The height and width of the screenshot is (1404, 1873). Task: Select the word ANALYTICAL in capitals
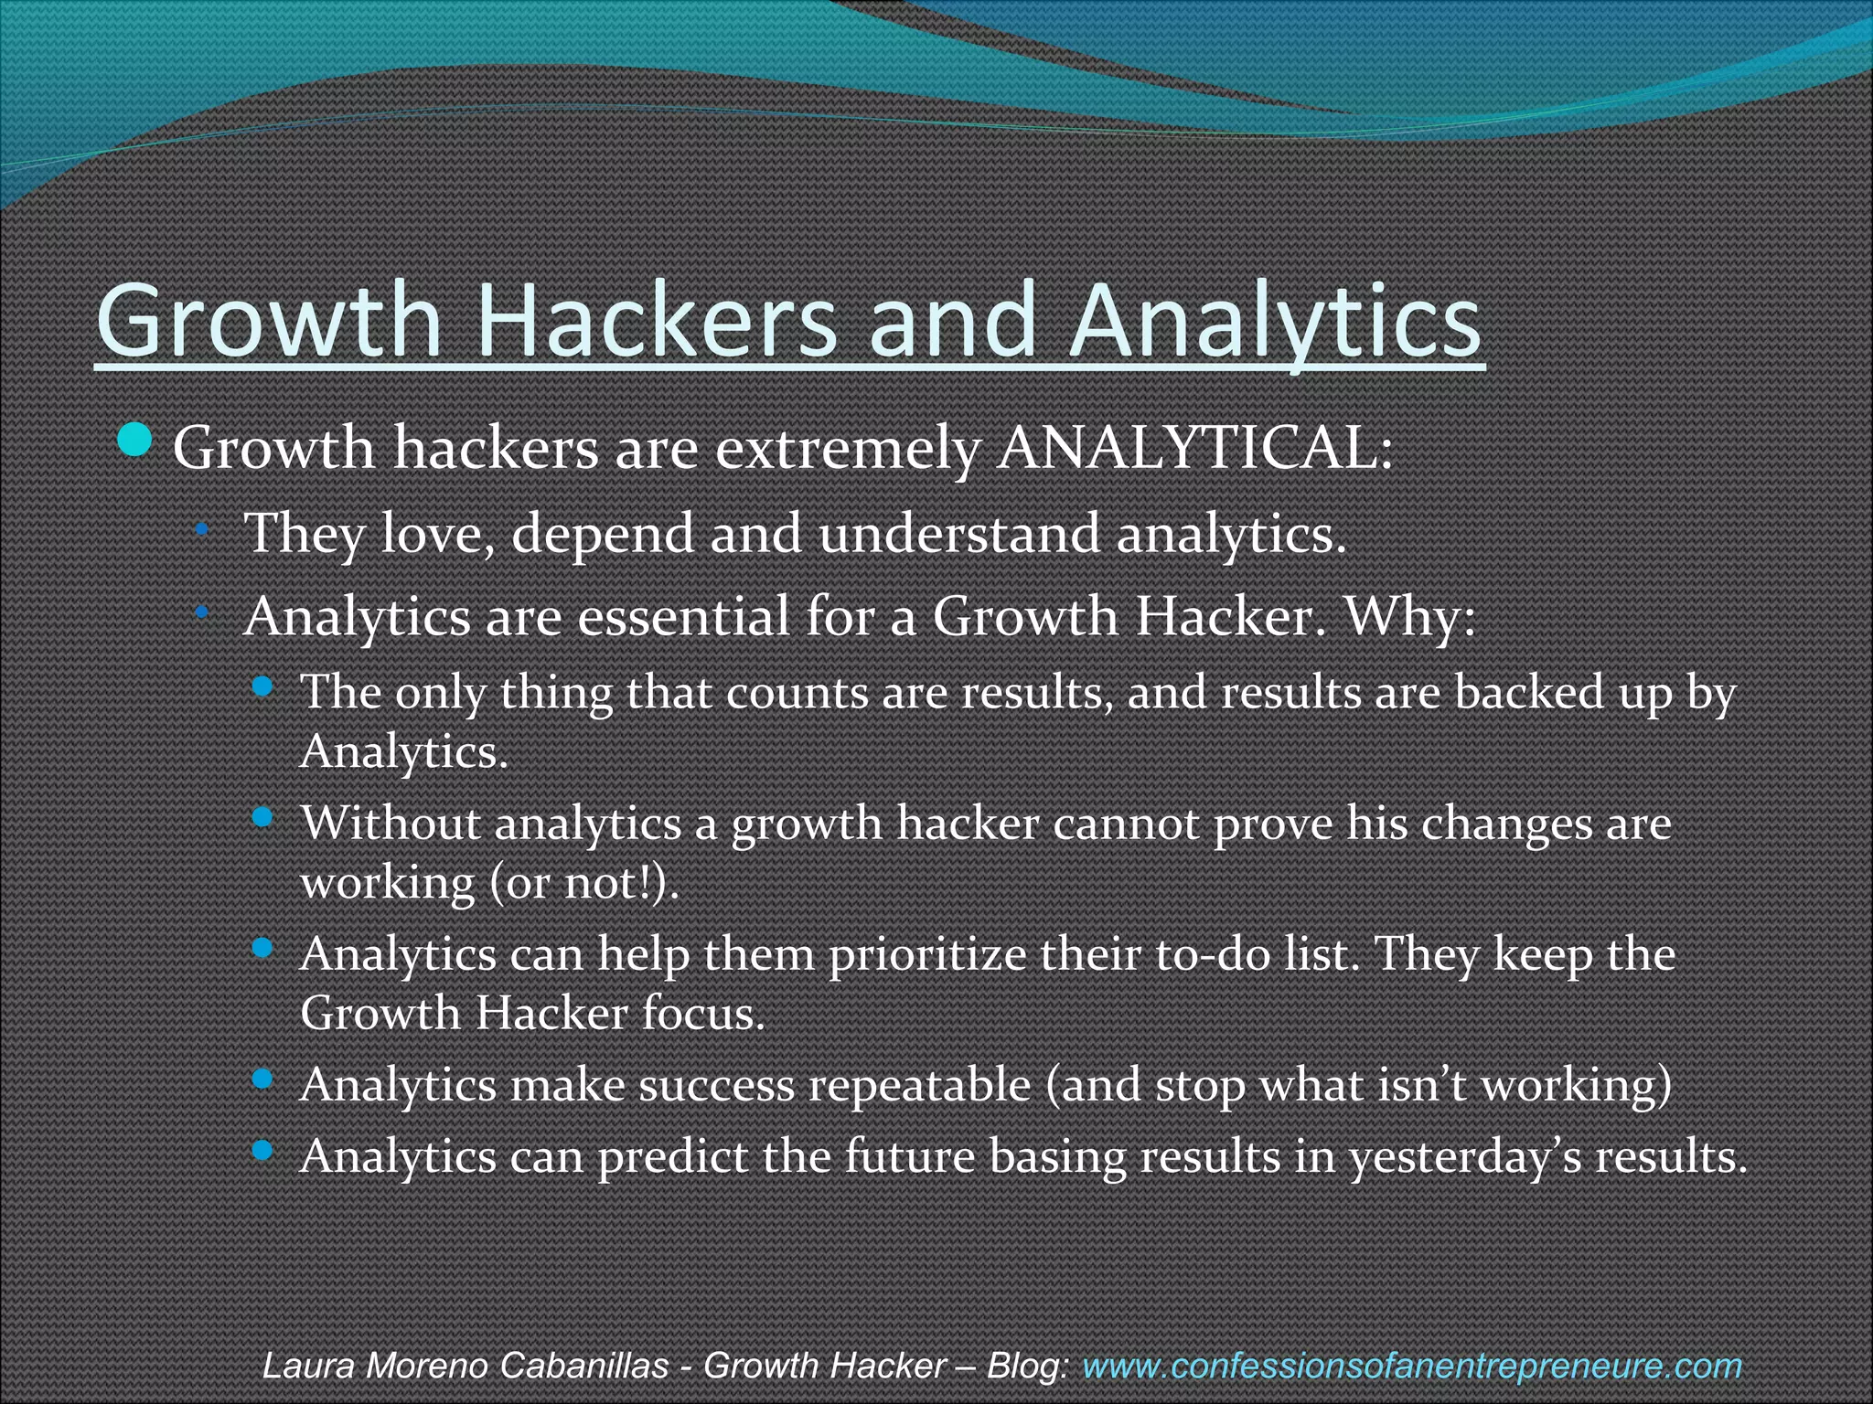click(1193, 449)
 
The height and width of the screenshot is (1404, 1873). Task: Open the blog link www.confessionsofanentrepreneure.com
click(1412, 1366)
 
